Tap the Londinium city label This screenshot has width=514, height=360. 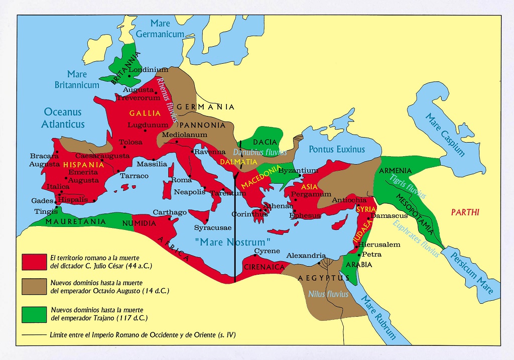tap(149, 69)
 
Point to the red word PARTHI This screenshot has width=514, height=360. tap(465, 212)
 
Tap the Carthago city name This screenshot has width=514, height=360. tap(170, 212)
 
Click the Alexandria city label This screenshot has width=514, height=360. tap(306, 255)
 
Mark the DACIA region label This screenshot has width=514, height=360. tap(265, 143)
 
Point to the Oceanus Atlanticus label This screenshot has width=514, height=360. tap(63, 118)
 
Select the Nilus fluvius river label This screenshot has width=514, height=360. tap(328, 294)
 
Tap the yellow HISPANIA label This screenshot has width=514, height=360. tap(83, 164)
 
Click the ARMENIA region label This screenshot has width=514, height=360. tap(396, 171)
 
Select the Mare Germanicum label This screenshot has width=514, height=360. tap(160, 29)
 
